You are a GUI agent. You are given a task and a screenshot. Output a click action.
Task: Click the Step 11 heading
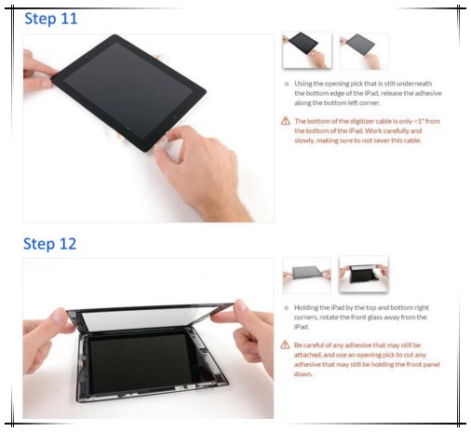coord(50,18)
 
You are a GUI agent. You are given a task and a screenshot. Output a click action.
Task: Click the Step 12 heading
coord(50,244)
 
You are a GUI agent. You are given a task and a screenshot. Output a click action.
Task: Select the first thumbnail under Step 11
coord(306,50)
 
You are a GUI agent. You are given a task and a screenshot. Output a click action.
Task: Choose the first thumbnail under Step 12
coord(306,276)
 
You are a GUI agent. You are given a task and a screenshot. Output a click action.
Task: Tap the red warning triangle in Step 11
coord(286,122)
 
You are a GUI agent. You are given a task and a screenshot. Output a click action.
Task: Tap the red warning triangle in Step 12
coord(286,345)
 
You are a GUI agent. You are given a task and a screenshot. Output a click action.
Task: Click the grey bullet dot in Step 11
coord(286,84)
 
